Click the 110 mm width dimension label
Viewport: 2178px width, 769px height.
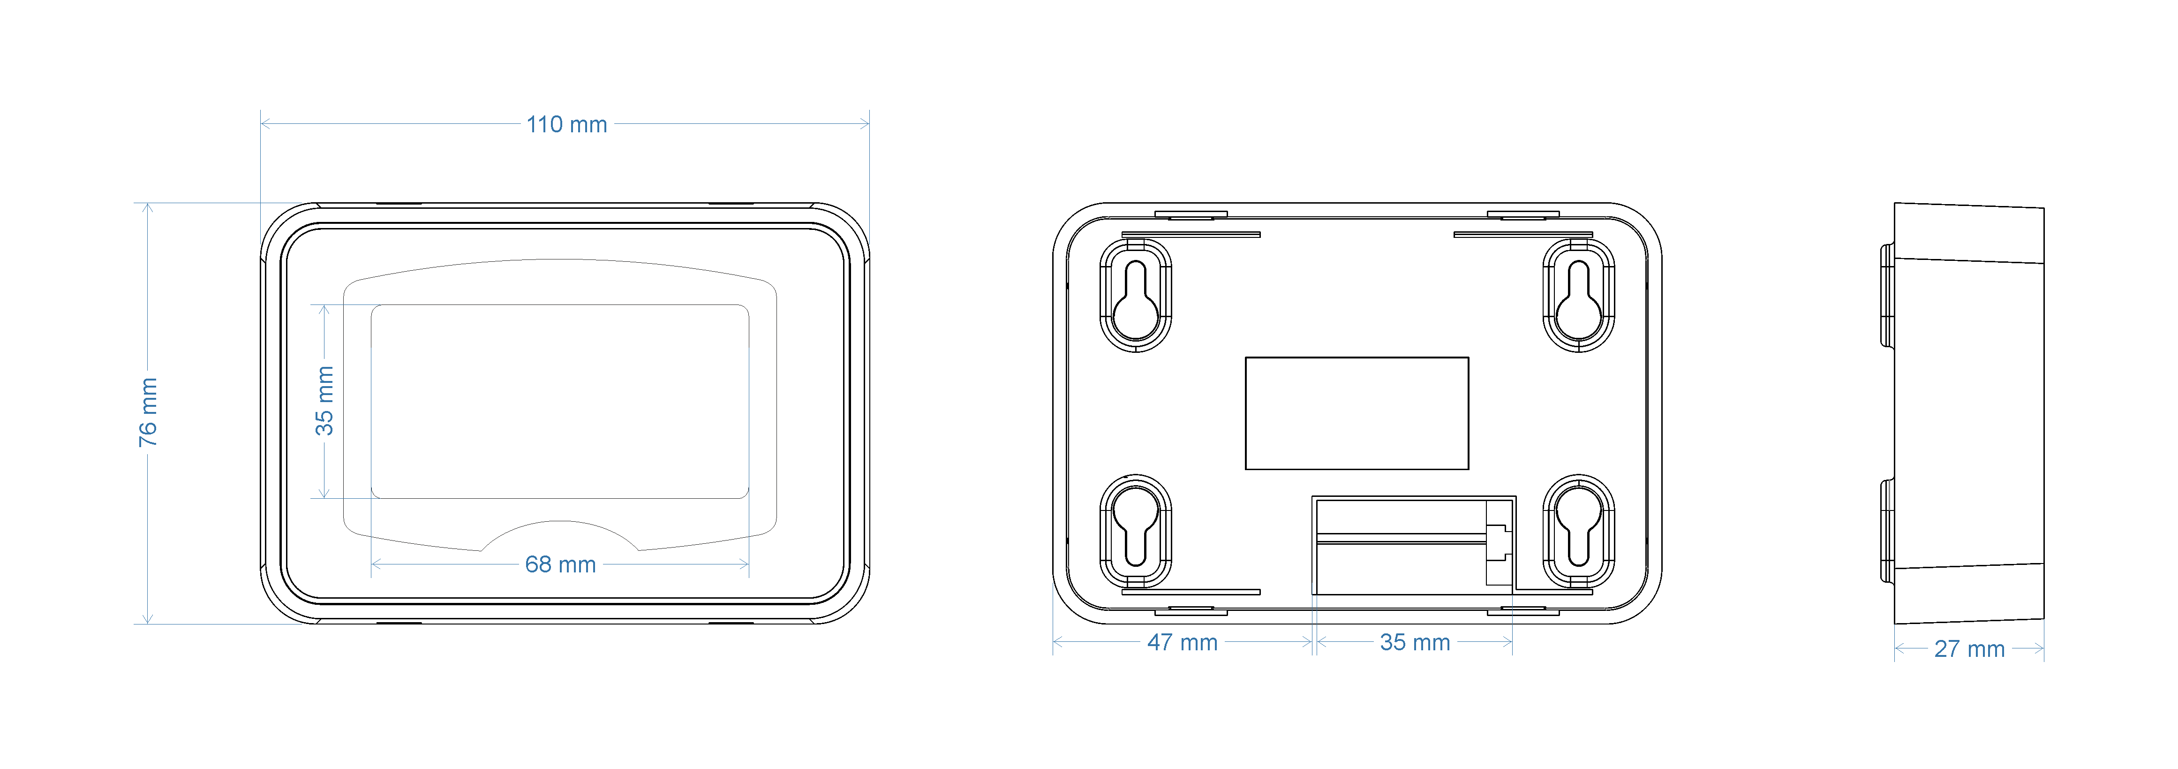click(566, 124)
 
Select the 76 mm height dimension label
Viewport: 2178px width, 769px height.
click(148, 413)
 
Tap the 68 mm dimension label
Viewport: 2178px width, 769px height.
click(561, 564)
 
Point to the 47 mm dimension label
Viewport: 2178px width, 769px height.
click(1182, 642)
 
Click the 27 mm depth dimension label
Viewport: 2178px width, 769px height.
click(1969, 649)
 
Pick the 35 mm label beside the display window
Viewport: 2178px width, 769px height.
click(324, 401)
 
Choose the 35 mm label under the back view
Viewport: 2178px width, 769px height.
click(1415, 642)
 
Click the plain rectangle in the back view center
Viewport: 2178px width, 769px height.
click(1356, 413)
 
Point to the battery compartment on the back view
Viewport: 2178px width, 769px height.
click(1412, 546)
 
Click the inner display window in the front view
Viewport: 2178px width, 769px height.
click(560, 401)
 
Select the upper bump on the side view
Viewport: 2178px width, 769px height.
click(1887, 296)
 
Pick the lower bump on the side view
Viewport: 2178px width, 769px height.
click(1887, 531)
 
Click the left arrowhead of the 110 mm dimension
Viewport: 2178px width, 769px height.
click(264, 123)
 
